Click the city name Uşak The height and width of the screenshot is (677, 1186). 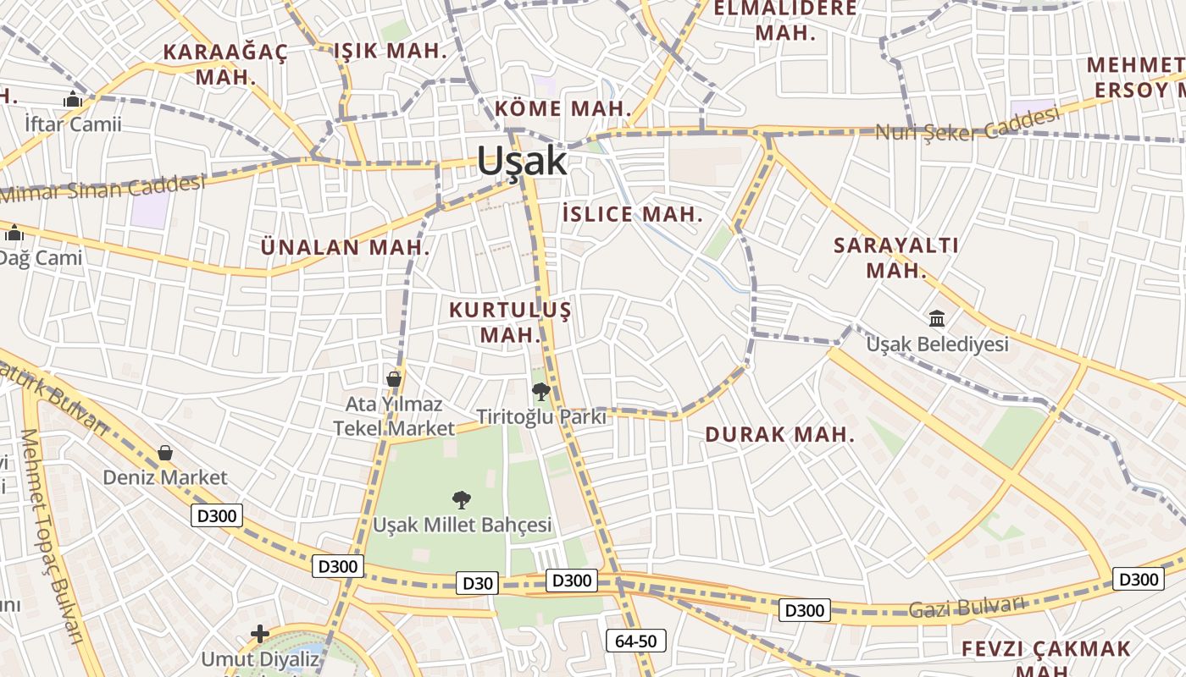click(521, 160)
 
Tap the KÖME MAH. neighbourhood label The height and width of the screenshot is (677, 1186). click(563, 108)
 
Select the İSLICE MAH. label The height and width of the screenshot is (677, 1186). click(633, 214)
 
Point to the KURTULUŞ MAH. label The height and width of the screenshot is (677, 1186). click(510, 322)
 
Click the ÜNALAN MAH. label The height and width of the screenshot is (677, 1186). click(346, 248)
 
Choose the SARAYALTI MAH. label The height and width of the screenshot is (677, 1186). click(896, 258)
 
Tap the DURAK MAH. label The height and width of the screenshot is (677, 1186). click(779, 435)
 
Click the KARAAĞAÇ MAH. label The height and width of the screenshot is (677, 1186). click(225, 63)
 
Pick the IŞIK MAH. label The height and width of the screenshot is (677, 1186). click(390, 51)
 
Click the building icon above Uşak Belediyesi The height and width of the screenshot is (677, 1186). click(937, 319)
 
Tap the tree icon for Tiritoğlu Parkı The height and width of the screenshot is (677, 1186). click(540, 392)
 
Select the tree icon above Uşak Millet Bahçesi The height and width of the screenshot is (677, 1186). click(462, 499)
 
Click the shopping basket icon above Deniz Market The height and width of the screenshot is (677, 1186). click(165, 454)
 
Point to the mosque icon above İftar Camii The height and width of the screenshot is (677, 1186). click(72, 99)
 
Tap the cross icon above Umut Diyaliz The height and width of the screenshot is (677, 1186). click(260, 633)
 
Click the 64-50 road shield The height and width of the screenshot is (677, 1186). click(635, 641)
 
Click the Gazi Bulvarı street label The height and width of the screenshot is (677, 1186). click(967, 607)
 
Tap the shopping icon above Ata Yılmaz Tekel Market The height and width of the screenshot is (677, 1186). click(394, 378)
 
